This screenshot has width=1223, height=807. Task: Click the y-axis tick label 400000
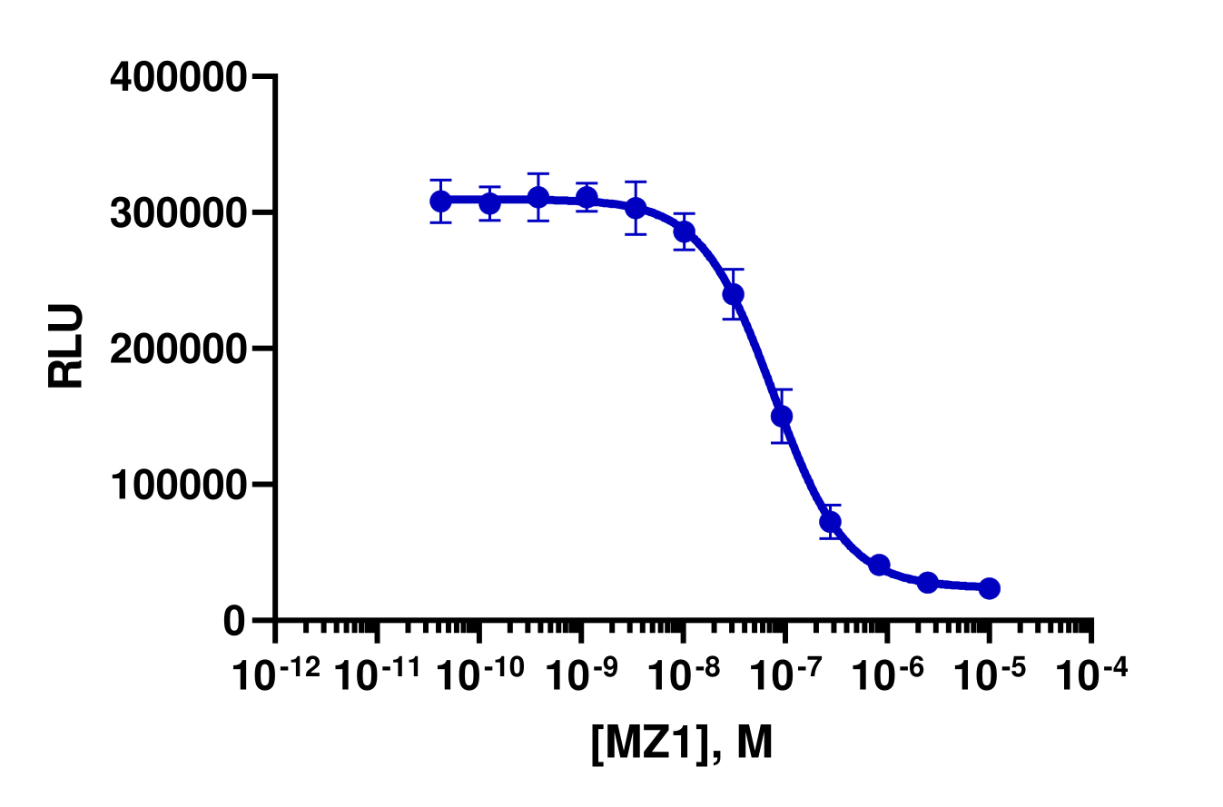pyautogui.click(x=177, y=77)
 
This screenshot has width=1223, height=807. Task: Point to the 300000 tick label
pyautogui.click(x=177, y=212)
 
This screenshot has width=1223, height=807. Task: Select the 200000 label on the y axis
pyautogui.click(x=177, y=349)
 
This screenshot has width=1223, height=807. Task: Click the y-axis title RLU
pyautogui.click(x=66, y=346)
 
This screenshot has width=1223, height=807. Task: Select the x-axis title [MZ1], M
pyautogui.click(x=682, y=743)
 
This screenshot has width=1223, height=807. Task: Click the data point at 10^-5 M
pyautogui.click(x=990, y=588)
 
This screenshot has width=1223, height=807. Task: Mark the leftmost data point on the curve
pyautogui.click(x=441, y=201)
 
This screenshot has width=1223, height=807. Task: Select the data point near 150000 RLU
pyautogui.click(x=782, y=416)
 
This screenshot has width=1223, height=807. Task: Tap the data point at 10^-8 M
pyautogui.click(x=684, y=231)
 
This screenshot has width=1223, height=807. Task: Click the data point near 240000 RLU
pyautogui.click(x=733, y=294)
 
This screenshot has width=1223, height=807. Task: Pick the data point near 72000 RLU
pyautogui.click(x=830, y=521)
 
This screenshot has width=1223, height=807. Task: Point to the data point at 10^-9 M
pyautogui.click(x=587, y=197)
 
